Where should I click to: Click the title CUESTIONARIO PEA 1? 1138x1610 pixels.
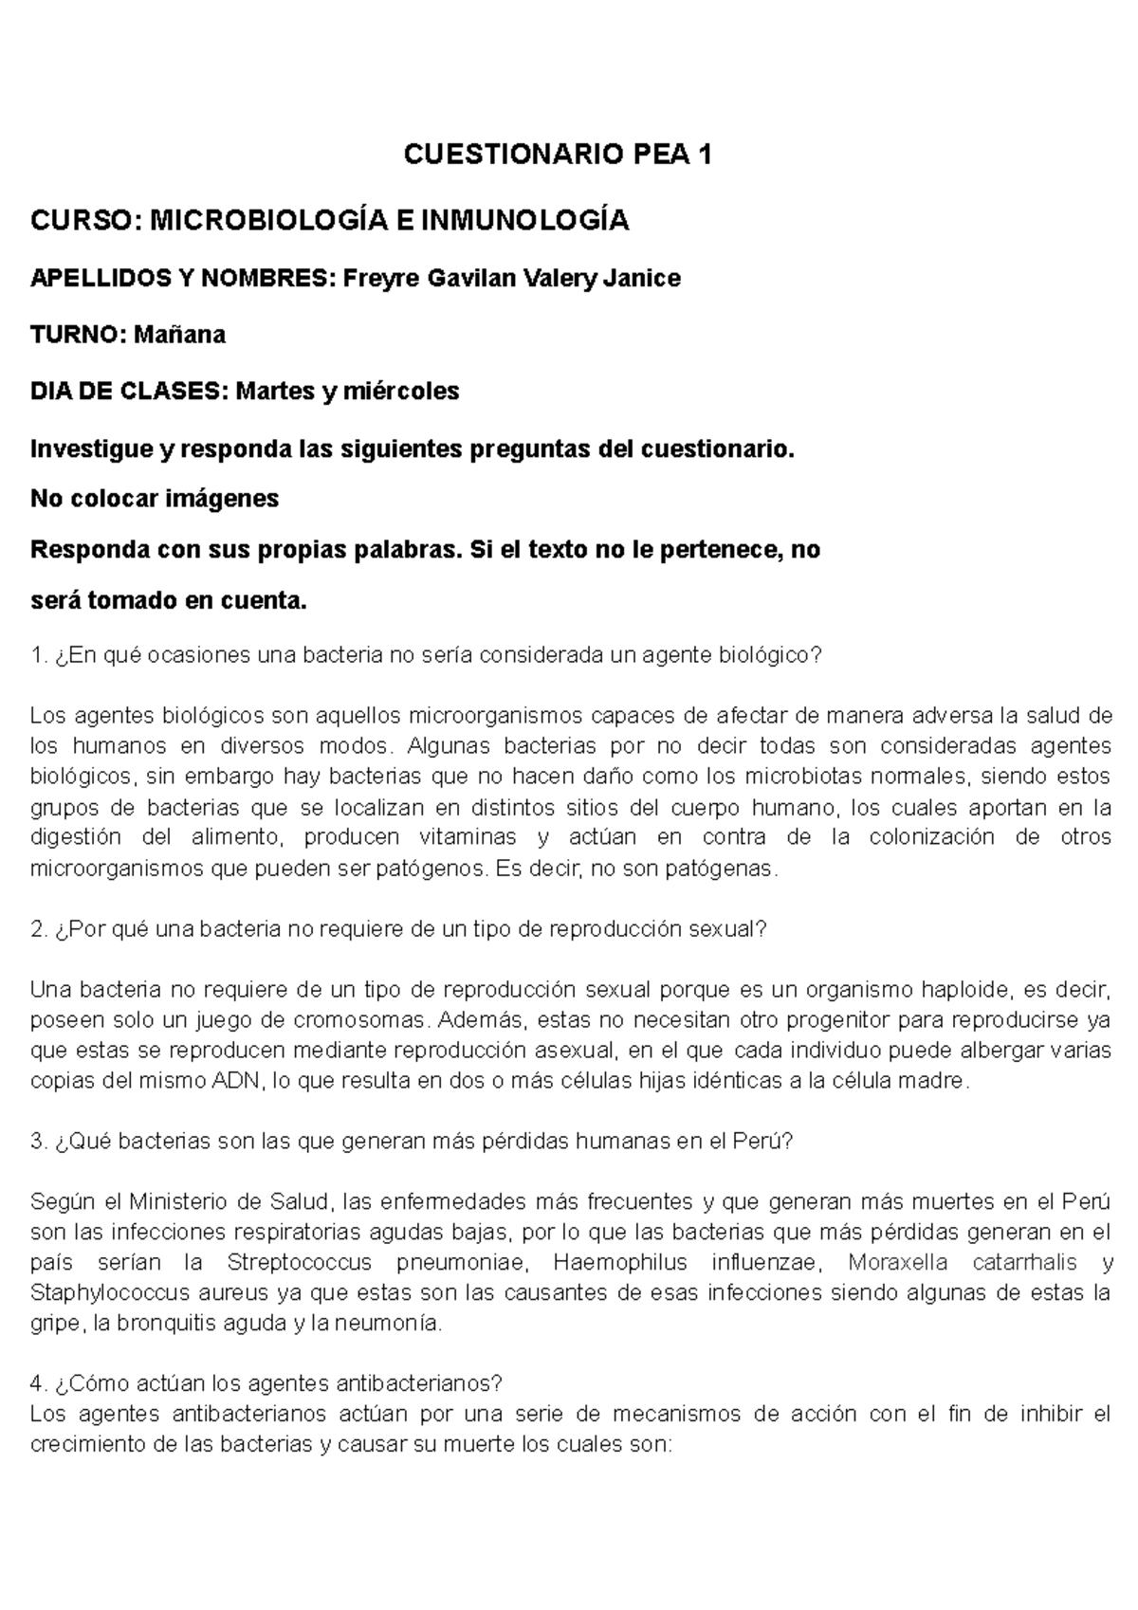pyautogui.click(x=558, y=154)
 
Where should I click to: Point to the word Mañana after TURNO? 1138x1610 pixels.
pyautogui.click(x=179, y=335)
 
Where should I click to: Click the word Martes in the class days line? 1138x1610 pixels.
pyautogui.click(x=275, y=391)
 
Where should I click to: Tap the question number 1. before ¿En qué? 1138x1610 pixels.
pyautogui.click(x=38, y=655)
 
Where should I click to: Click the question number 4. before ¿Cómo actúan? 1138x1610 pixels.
pyautogui.click(x=39, y=1384)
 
